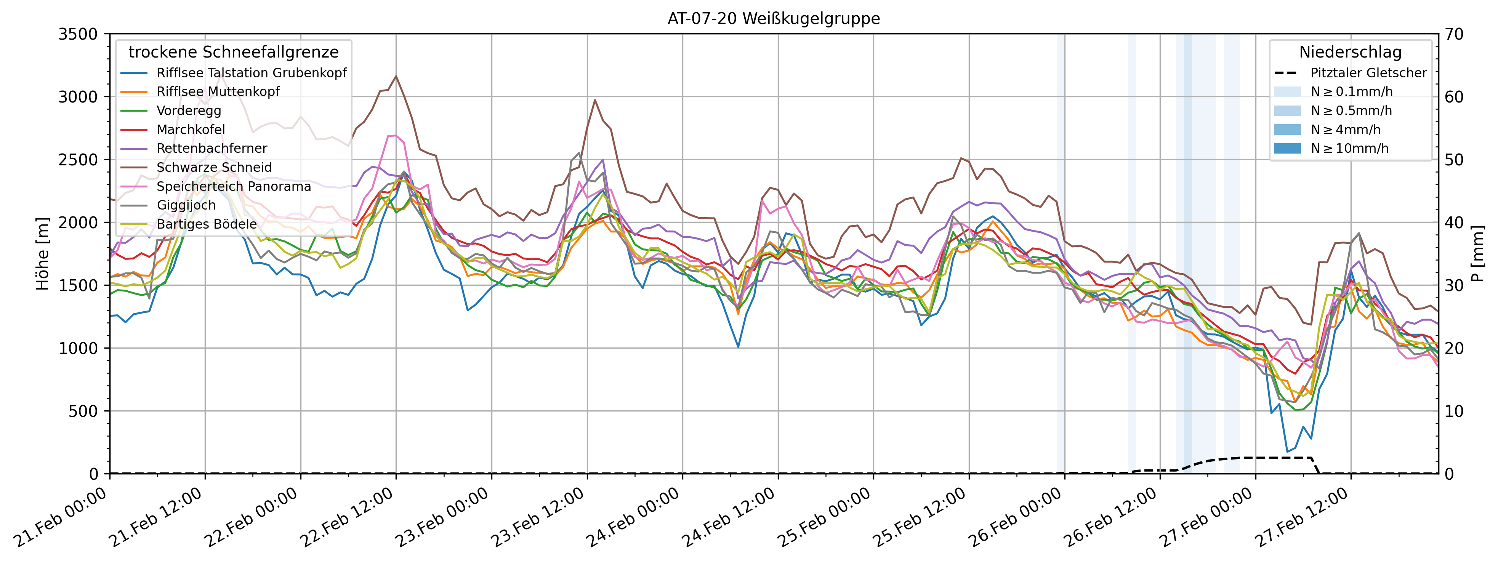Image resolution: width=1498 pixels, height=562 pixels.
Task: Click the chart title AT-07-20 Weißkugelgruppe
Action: pos(774,19)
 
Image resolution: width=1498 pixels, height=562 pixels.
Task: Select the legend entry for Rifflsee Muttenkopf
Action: pos(218,92)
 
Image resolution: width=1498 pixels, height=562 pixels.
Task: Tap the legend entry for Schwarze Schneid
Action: pos(214,167)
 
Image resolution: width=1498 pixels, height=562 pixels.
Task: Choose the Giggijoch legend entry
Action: pos(186,205)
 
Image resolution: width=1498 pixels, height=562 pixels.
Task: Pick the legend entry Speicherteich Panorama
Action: pos(233,187)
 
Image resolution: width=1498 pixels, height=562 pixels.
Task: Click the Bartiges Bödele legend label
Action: pos(207,224)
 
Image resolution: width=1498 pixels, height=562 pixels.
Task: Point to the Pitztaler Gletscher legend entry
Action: pos(1368,73)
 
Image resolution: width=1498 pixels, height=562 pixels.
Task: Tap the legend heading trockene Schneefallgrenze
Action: pos(233,52)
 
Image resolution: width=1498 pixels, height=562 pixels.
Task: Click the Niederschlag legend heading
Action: pos(1350,52)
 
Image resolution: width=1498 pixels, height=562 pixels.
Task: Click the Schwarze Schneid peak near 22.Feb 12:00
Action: pos(396,76)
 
